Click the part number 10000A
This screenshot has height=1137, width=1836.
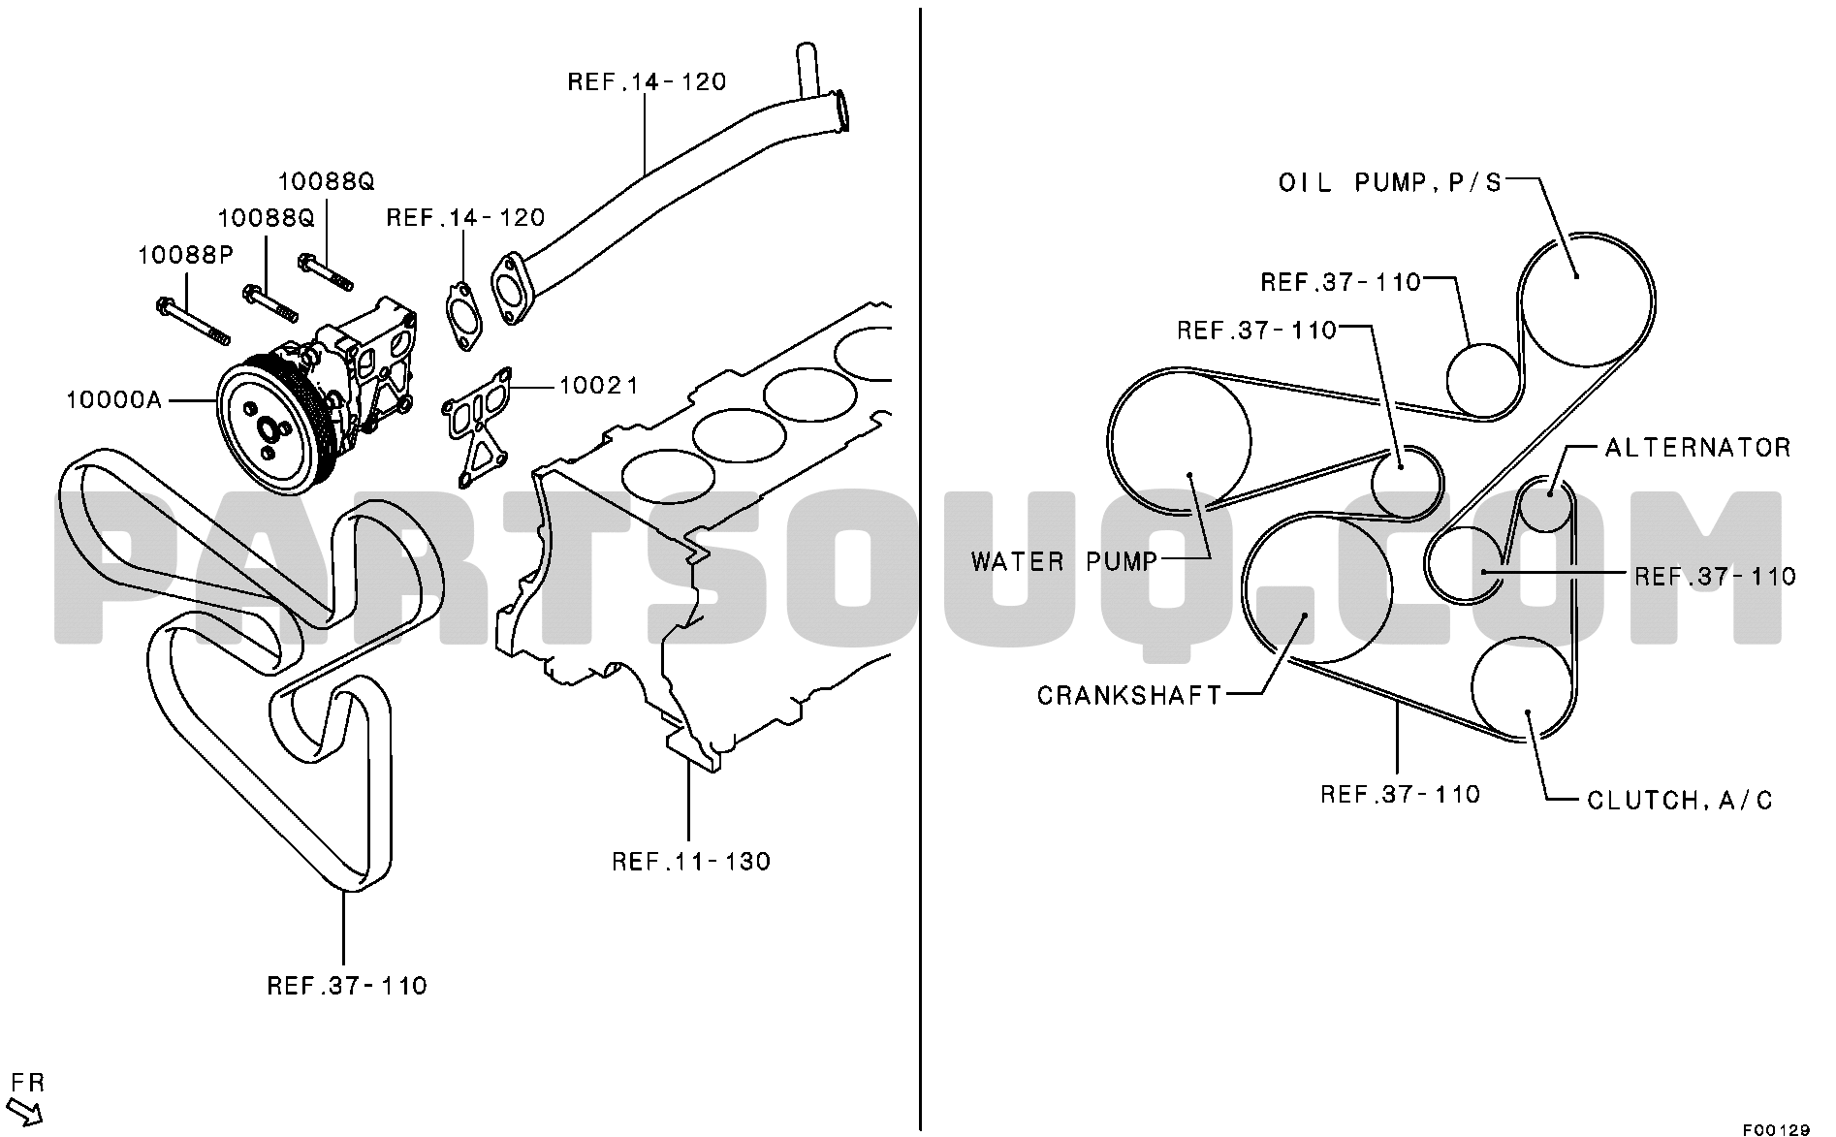pyautogui.click(x=113, y=398)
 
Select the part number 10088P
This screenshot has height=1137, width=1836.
pyautogui.click(x=185, y=255)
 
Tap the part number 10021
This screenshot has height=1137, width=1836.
pyautogui.click(x=598, y=385)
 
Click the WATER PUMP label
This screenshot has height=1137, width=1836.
pyautogui.click(x=1064, y=560)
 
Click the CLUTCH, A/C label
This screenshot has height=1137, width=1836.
pyautogui.click(x=1680, y=800)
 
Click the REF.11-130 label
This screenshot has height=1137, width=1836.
pyautogui.click(x=691, y=861)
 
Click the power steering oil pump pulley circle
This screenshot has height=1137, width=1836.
pyautogui.click(x=1585, y=300)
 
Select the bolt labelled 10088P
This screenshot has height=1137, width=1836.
pyautogui.click(x=192, y=321)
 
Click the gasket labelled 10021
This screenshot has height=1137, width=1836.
pyautogui.click(x=477, y=426)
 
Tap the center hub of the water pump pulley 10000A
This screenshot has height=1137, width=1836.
pyautogui.click(x=268, y=426)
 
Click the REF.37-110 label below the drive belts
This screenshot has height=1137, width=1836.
pyautogui.click(x=347, y=986)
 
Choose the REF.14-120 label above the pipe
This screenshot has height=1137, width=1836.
pyautogui.click(x=647, y=81)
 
